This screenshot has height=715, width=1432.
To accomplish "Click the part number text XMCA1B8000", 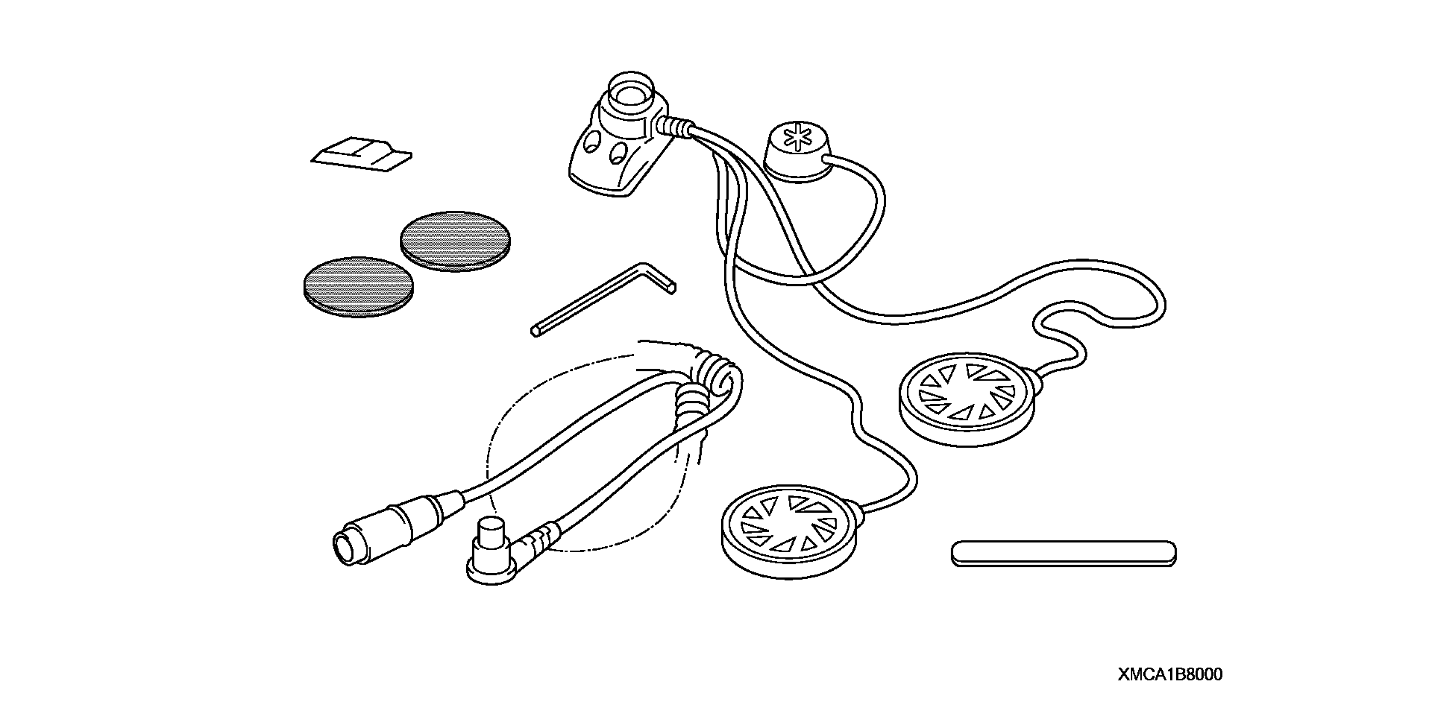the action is pyautogui.click(x=1170, y=675).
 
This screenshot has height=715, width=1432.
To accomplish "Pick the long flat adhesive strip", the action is pyautogui.click(x=1063, y=553).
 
